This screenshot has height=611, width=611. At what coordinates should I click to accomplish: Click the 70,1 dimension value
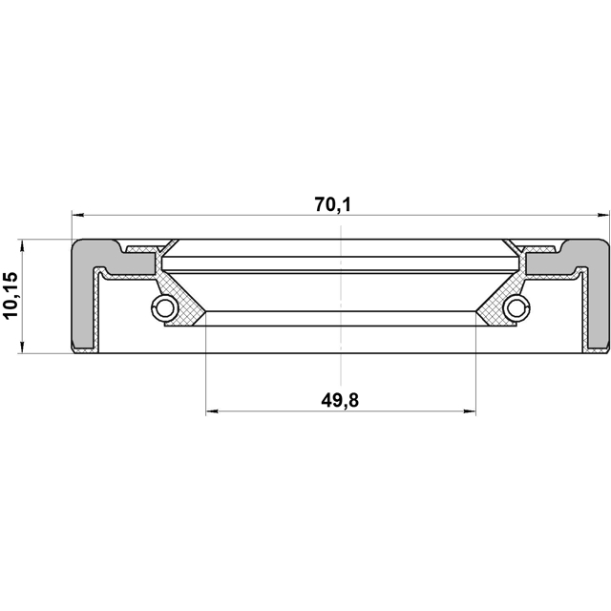pyautogui.click(x=333, y=204)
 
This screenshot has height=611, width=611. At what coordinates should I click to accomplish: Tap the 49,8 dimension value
pyautogui.click(x=340, y=400)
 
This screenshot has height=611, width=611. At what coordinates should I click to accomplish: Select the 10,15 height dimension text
pyautogui.click(x=11, y=295)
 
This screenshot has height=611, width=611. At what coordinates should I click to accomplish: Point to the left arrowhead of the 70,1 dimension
pyautogui.click(x=78, y=215)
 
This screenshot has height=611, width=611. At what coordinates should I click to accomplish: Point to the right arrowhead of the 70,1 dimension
pyautogui.click(x=602, y=215)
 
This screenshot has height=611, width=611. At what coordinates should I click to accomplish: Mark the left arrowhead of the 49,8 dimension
pyautogui.click(x=212, y=411)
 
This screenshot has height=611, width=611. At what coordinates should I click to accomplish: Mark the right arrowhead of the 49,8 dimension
pyautogui.click(x=470, y=411)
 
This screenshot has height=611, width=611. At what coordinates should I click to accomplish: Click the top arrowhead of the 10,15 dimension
pyautogui.click(x=22, y=245)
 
